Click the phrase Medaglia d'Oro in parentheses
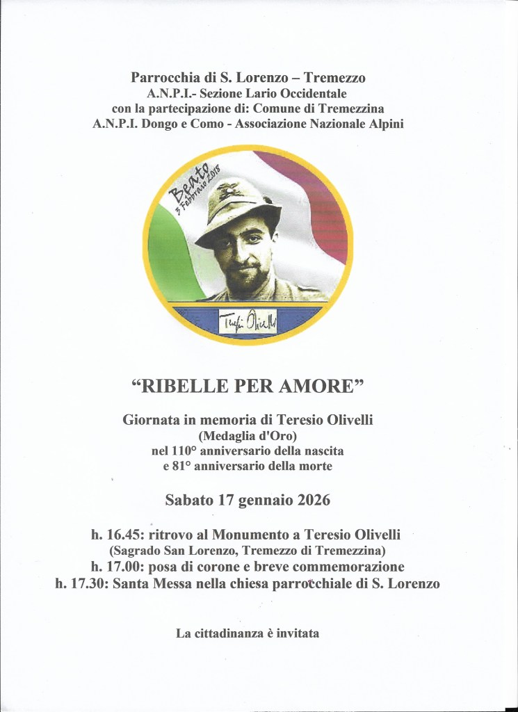258,436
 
